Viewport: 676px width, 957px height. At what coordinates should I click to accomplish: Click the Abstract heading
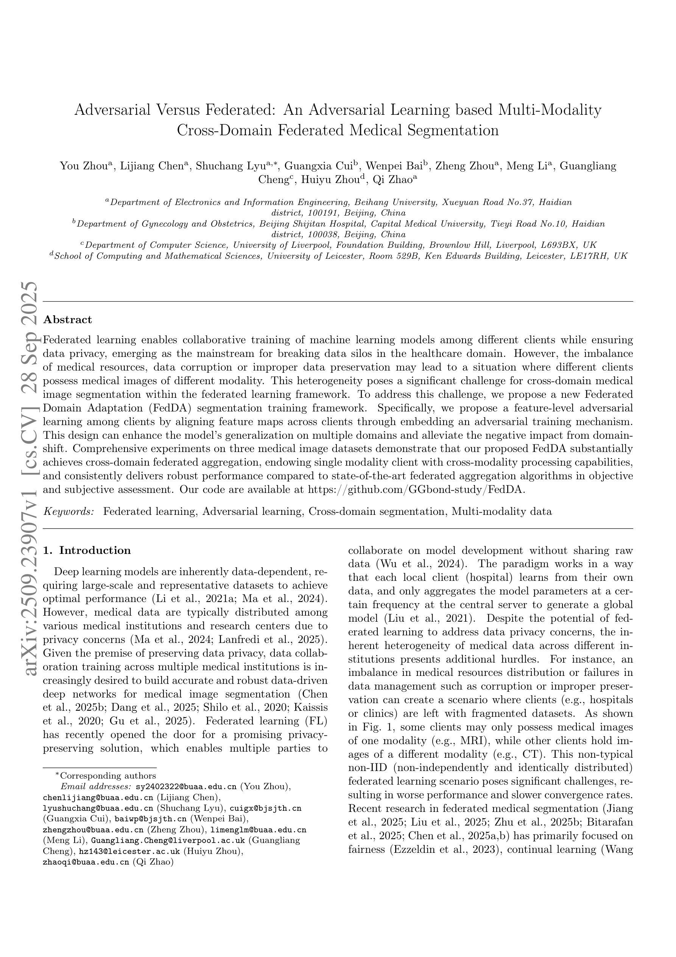pos(67,320)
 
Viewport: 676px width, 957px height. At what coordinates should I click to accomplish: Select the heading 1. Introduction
pos(87,550)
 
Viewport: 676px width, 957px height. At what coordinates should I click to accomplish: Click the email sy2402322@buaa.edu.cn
pos(186,787)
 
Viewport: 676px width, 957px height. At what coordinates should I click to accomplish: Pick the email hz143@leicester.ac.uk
pos(129,851)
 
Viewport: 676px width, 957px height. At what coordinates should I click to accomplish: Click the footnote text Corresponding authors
pos(108,775)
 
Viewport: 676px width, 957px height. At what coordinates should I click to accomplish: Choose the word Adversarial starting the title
pos(112,110)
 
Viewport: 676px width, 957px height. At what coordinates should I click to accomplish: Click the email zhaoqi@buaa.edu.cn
pos(86,862)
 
